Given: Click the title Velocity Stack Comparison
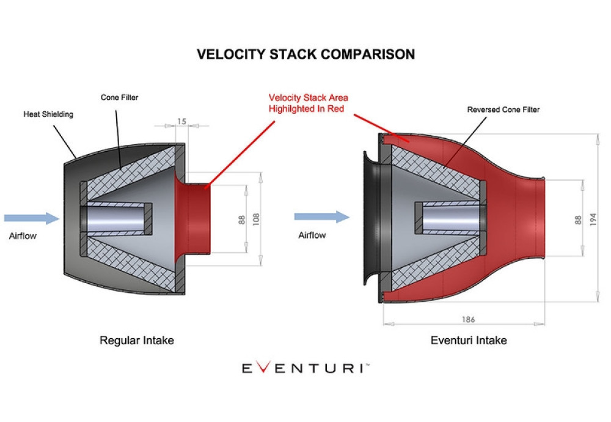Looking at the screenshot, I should coord(305,54).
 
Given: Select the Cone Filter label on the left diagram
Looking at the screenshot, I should coord(119,97).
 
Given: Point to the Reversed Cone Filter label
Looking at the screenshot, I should coord(503,110).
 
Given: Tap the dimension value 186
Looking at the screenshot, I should coord(469,319).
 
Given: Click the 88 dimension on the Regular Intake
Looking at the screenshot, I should coord(241,219).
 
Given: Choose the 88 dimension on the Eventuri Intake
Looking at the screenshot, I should coord(578,219).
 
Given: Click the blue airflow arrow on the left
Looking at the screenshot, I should coord(31,218).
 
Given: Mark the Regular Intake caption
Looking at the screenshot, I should coord(136,341).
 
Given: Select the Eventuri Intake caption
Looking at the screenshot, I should coord(469,341).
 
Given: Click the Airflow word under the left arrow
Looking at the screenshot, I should coord(23,235).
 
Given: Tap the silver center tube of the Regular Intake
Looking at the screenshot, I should coord(116,218).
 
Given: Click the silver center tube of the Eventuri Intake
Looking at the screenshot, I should coord(449,220).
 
